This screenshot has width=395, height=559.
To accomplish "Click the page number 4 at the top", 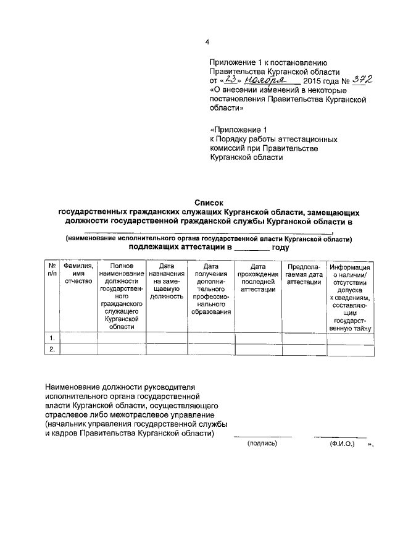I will pos(207,42).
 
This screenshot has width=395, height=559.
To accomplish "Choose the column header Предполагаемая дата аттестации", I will pos(304,273).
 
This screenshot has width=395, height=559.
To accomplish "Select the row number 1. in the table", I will pos(52,337).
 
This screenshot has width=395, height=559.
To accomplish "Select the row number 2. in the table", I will pos(52,350).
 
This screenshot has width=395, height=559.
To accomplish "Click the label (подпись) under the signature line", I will pos(262,443).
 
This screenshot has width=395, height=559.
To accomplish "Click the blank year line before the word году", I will pos(252,247).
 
